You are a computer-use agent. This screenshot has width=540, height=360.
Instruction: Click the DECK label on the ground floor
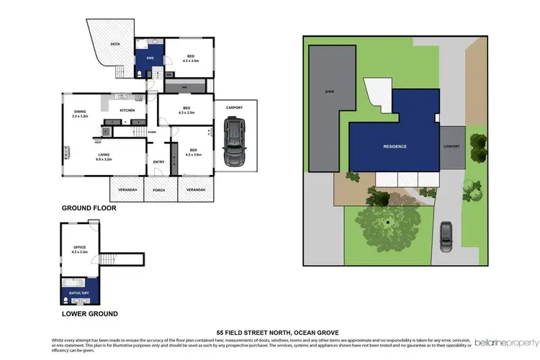pyautogui.click(x=115, y=45)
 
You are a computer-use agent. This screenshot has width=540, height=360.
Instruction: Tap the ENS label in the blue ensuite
pyautogui.click(x=150, y=58)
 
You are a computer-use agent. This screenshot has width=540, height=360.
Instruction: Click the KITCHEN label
pyautogui.click(x=127, y=110)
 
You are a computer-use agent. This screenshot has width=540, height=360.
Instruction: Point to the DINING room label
pyautogui.click(x=80, y=112)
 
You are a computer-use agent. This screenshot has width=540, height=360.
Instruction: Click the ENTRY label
pyautogui.click(x=158, y=162)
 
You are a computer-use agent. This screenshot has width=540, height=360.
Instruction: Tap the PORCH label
pyautogui.click(x=158, y=190)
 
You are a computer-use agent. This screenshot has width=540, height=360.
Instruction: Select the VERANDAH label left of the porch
pyautogui.click(x=126, y=190)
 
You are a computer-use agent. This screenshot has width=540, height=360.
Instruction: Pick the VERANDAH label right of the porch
pyautogui.click(x=195, y=190)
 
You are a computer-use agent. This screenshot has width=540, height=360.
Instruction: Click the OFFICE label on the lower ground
pyautogui.click(x=81, y=248)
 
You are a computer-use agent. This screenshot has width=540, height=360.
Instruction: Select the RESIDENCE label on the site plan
pyautogui.click(x=394, y=146)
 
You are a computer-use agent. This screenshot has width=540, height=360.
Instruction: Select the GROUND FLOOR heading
pyautogui.click(x=88, y=208)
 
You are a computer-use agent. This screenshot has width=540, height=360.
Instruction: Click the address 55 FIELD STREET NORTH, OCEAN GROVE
pyautogui.click(x=270, y=332)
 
